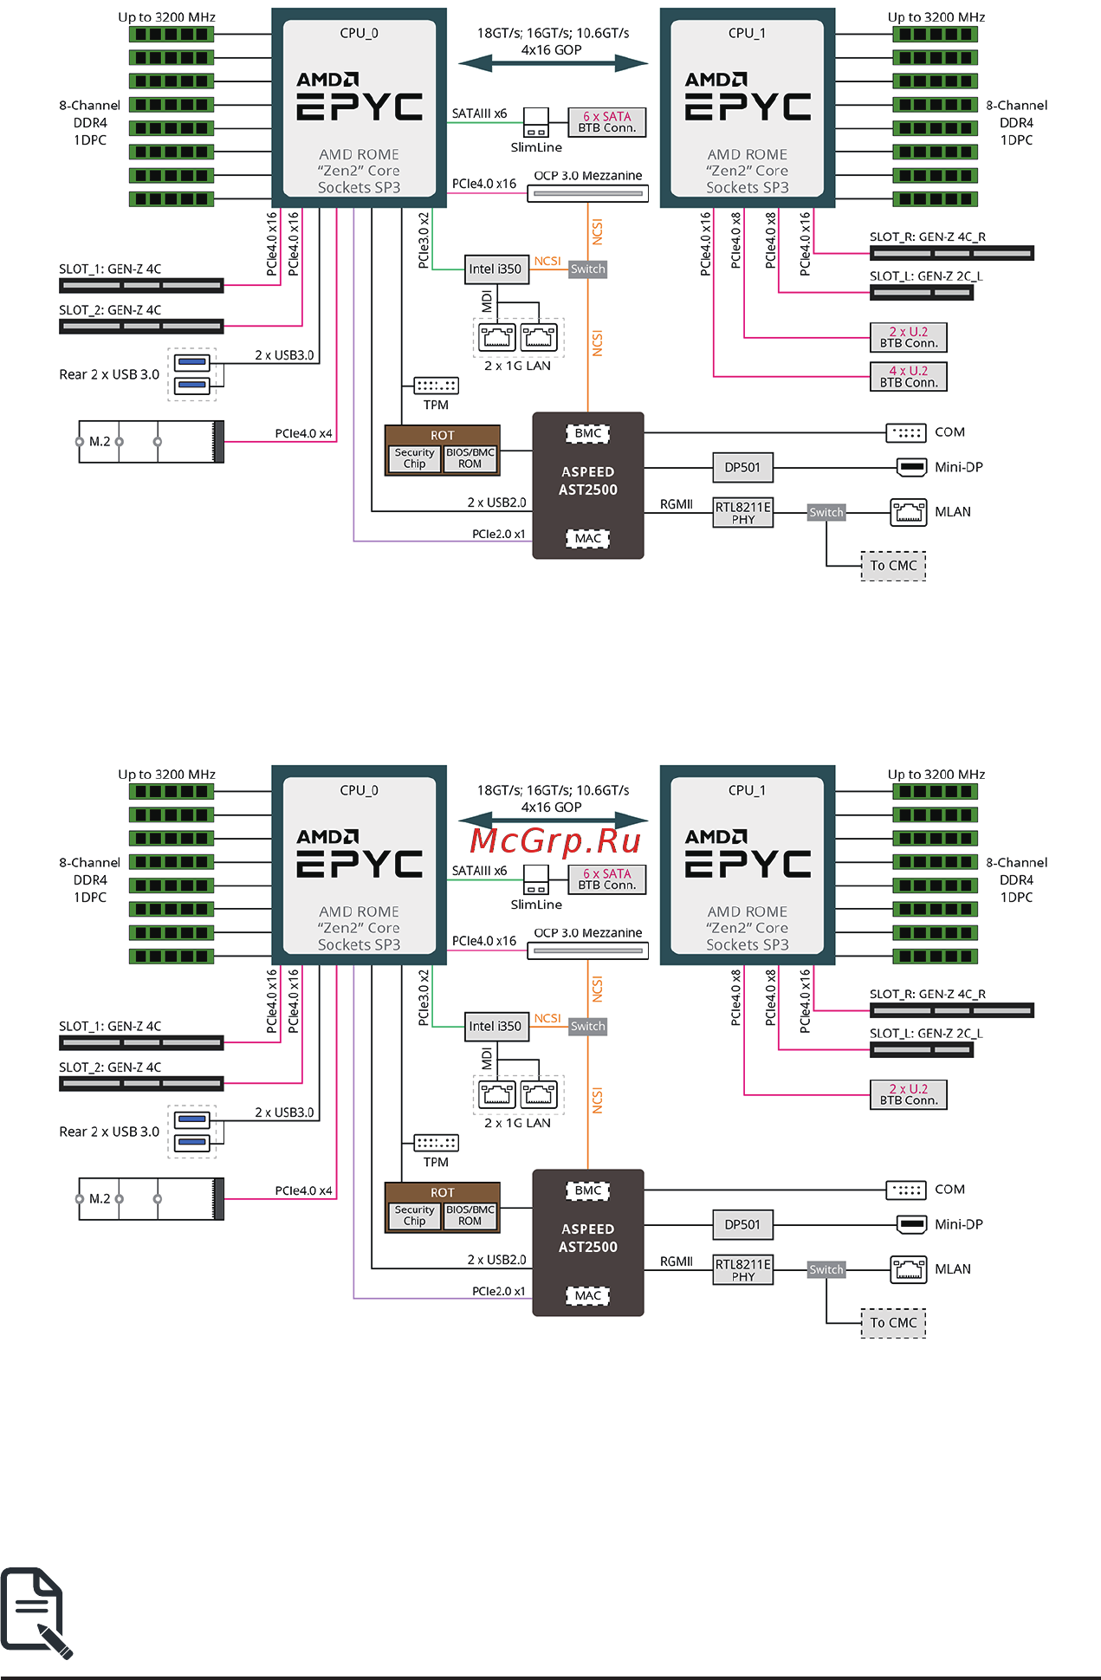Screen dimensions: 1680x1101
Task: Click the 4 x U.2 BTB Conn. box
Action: point(908,377)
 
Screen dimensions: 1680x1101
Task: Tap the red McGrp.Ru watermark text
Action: point(555,840)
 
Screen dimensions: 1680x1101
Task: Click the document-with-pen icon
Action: point(36,1612)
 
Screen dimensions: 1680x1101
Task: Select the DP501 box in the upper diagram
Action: point(742,468)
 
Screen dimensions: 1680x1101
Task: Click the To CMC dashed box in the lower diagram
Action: point(893,1323)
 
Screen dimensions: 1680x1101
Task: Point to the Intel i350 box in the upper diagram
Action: point(495,269)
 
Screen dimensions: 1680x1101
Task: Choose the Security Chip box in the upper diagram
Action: point(414,458)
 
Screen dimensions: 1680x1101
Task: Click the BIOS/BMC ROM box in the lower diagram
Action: point(470,1216)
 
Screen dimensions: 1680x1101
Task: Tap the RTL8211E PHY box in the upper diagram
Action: point(742,513)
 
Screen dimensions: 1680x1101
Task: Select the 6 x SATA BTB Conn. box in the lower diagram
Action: point(606,879)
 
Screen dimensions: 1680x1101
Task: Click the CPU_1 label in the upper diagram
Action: point(747,33)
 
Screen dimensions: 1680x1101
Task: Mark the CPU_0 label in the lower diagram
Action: point(359,790)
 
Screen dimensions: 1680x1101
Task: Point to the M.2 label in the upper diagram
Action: point(100,442)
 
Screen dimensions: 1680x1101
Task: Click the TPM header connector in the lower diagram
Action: point(436,1143)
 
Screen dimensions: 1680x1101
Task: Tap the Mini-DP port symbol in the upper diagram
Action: point(911,468)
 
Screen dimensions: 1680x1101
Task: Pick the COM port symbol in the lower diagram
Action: point(906,1190)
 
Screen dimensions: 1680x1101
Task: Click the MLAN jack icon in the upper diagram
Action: point(908,512)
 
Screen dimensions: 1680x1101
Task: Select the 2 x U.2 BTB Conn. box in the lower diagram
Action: point(908,1094)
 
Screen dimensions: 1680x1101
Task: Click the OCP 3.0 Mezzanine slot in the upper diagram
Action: point(588,193)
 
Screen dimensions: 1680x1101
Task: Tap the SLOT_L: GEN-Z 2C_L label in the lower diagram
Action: point(926,1034)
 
